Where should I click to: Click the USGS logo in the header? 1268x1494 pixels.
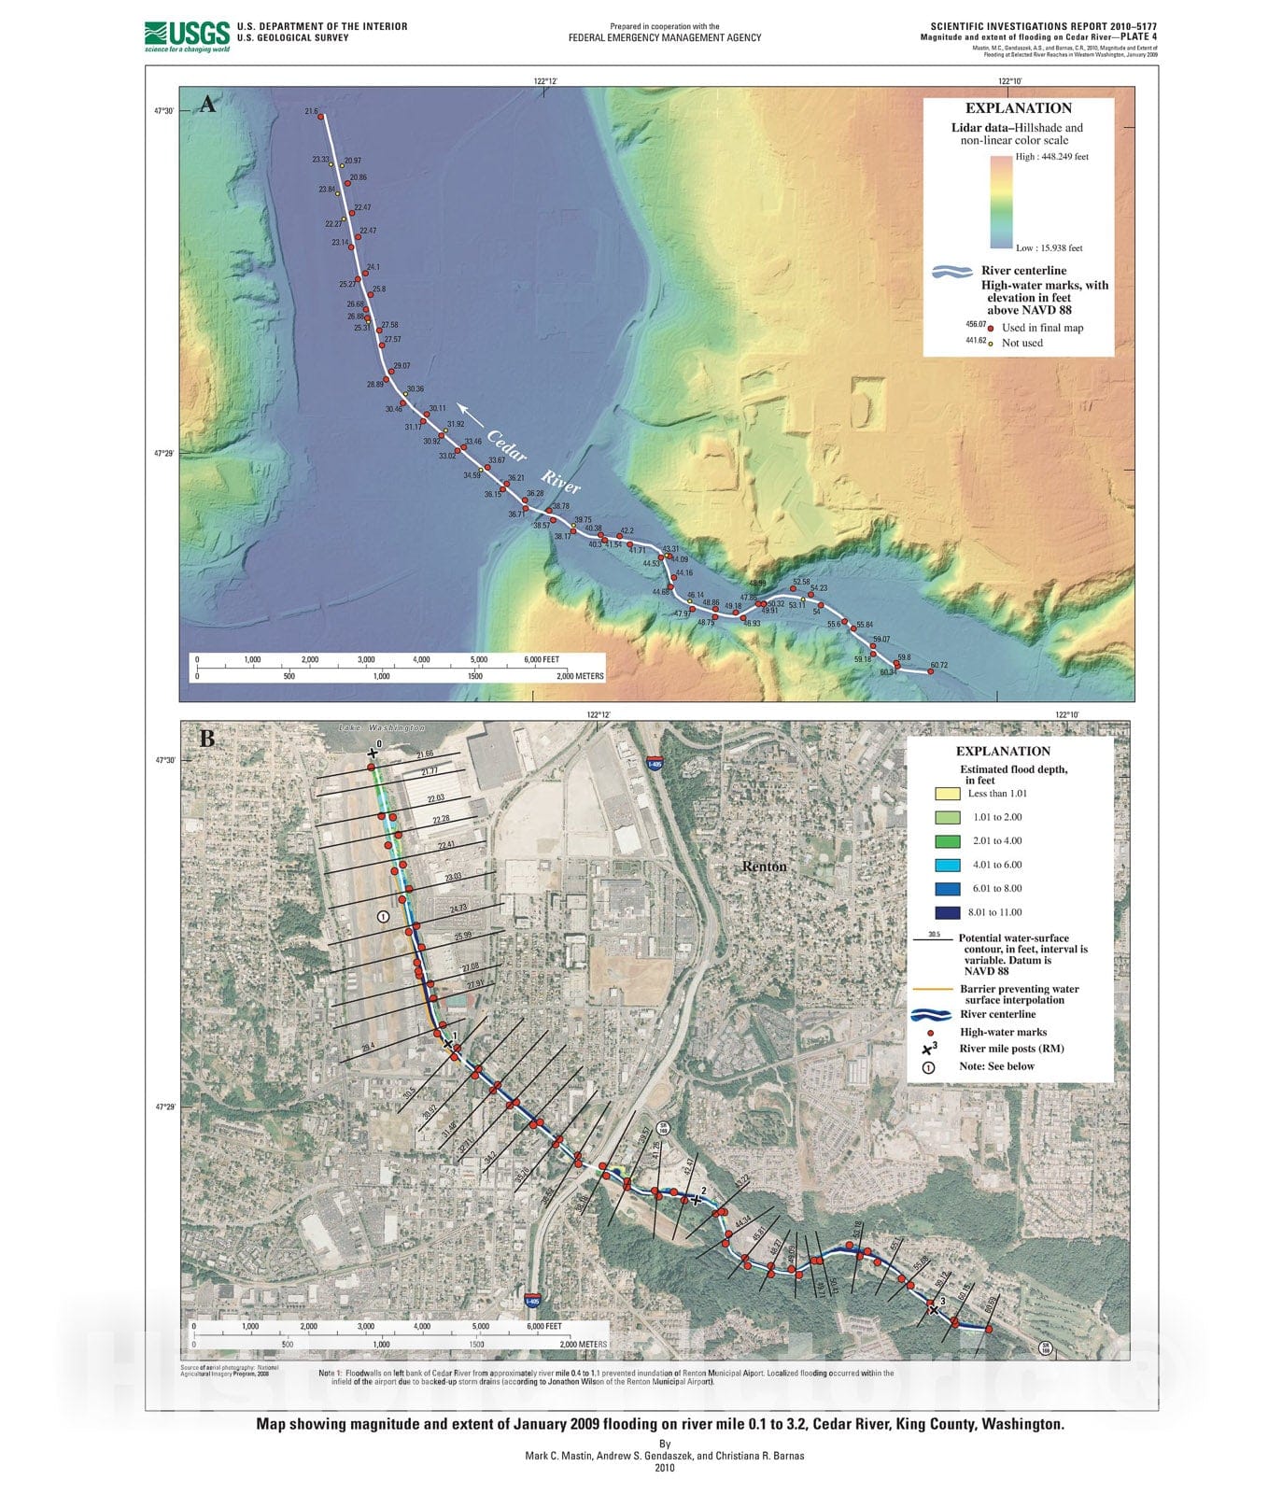point(187,35)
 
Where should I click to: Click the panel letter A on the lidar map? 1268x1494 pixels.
point(207,104)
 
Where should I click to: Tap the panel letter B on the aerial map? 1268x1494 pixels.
point(206,739)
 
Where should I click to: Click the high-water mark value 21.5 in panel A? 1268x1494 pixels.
point(311,111)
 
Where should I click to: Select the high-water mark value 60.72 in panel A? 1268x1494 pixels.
point(938,665)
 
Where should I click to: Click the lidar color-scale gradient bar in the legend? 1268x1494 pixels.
point(1001,202)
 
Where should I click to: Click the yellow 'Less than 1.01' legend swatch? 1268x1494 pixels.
point(947,794)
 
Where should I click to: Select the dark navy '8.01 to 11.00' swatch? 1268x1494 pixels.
point(947,912)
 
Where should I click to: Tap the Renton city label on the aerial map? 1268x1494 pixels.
point(764,867)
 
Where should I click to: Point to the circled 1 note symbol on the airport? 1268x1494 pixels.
point(383,917)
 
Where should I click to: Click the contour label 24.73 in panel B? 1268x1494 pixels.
point(458,908)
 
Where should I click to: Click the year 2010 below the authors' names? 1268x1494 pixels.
point(664,1467)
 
